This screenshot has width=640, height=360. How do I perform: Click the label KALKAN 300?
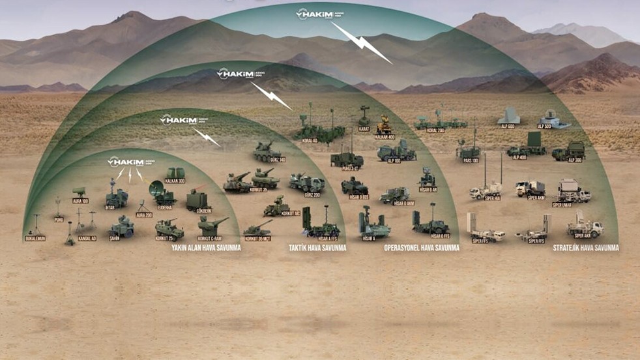[175, 181]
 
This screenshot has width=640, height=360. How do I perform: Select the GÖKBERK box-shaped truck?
[197, 200]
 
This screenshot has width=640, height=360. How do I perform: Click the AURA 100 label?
[80, 201]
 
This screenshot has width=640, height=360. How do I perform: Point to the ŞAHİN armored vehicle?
[122, 227]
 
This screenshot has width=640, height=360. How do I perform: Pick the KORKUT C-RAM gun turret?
[211, 226]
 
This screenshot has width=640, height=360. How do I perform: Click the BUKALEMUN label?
[35, 239]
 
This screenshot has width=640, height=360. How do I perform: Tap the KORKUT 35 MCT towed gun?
[258, 228]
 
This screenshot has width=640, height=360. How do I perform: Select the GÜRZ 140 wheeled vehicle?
[267, 152]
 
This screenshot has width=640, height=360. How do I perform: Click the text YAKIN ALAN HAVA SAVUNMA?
[206, 248]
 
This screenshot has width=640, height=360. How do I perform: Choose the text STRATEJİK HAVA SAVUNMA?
[585, 248]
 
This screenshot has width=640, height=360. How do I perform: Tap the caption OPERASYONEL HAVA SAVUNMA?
[422, 248]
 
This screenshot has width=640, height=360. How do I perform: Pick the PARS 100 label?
[471, 160]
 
